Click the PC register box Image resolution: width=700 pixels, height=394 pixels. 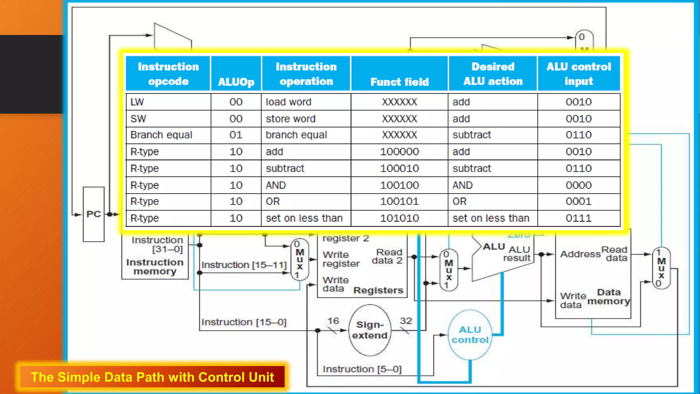click(x=93, y=214)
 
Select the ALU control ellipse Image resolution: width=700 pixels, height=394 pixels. click(x=470, y=335)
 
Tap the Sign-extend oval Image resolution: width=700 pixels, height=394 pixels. click(x=369, y=330)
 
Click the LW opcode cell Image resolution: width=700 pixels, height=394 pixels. click(x=168, y=102)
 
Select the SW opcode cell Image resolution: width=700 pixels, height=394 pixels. click(x=168, y=119)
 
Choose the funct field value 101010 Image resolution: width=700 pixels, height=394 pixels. click(x=399, y=218)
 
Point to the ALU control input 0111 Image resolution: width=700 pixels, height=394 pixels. click(x=578, y=218)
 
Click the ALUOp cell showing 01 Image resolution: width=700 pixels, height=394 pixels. click(x=236, y=135)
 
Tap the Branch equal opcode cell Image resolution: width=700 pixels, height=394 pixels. click(x=168, y=135)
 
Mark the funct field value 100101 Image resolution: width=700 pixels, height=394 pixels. click(x=399, y=201)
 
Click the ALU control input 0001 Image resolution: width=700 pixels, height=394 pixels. click(x=578, y=201)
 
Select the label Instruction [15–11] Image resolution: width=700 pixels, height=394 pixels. click(x=244, y=265)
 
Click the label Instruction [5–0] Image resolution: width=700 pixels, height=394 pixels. click(x=362, y=369)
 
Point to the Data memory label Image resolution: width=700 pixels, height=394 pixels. click(x=609, y=297)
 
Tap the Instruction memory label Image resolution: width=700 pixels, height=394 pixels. click(x=155, y=267)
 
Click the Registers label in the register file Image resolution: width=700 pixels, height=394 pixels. click(x=378, y=290)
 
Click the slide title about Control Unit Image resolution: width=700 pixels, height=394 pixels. click(x=152, y=377)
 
